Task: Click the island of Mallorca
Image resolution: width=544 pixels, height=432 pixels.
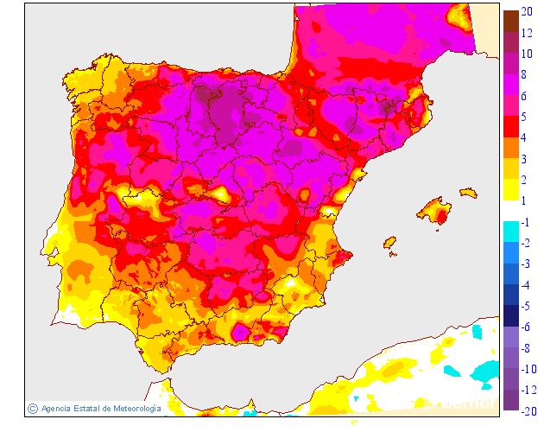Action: click(x=436, y=210)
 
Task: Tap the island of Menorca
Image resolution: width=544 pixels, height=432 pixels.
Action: click(x=469, y=192)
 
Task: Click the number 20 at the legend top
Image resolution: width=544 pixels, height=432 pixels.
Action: click(x=527, y=11)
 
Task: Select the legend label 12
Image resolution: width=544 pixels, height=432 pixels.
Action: click(x=527, y=34)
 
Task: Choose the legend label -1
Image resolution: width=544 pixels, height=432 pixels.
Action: click(x=527, y=221)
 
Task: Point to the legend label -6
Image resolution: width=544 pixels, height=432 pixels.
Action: click(x=527, y=326)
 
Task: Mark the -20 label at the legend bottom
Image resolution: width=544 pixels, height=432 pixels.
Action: click(x=527, y=410)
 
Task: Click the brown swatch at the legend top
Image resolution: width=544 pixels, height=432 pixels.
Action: click(x=510, y=19)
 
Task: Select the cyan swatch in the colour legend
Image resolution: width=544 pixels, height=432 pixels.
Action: click(x=510, y=230)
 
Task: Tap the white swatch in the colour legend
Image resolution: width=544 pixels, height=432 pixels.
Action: click(x=510, y=209)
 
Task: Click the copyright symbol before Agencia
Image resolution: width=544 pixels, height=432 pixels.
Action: click(x=32, y=408)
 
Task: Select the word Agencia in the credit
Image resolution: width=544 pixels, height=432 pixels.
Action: click(x=57, y=408)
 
